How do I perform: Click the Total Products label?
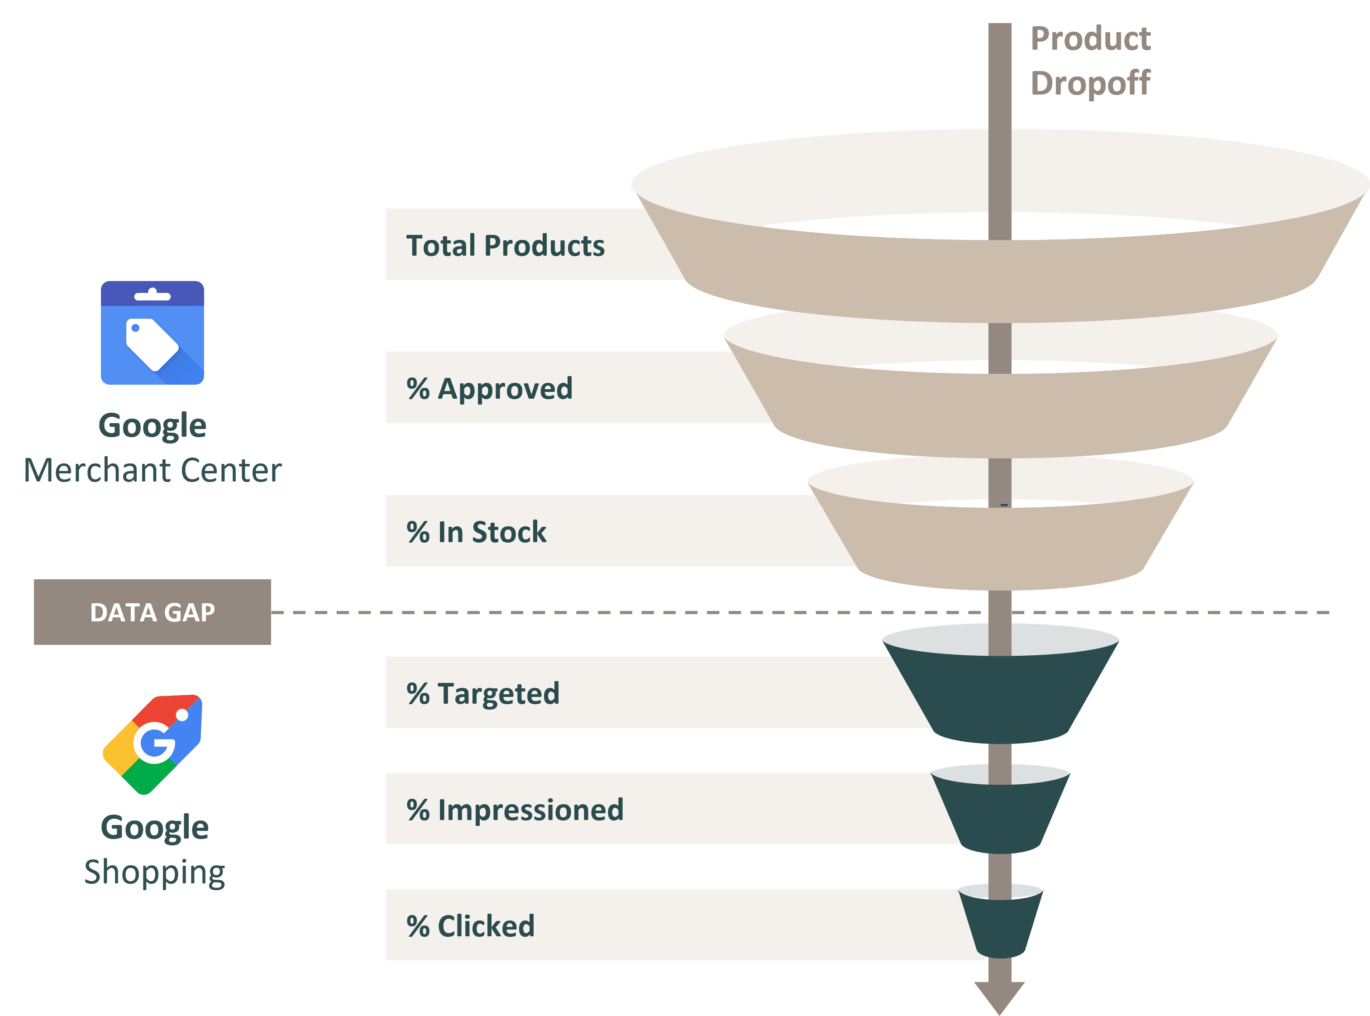[x=506, y=245]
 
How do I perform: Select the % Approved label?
[x=489, y=389]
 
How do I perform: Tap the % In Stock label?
[x=476, y=532]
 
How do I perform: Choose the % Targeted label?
[x=483, y=694]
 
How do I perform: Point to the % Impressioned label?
[x=515, y=810]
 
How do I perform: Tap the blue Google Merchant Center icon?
[x=153, y=333]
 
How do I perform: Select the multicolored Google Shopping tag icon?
[x=153, y=744]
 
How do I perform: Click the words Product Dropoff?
[x=1090, y=61]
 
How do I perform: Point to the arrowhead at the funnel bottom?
[x=999, y=997]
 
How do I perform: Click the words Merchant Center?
[x=153, y=471]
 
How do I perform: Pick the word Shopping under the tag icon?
[x=155, y=872]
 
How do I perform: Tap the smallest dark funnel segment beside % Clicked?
[x=1000, y=925]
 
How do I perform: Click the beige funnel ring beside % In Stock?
[x=1000, y=547]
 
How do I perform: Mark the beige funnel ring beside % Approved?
[x=1000, y=412]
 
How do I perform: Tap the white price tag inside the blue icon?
[x=151, y=344]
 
